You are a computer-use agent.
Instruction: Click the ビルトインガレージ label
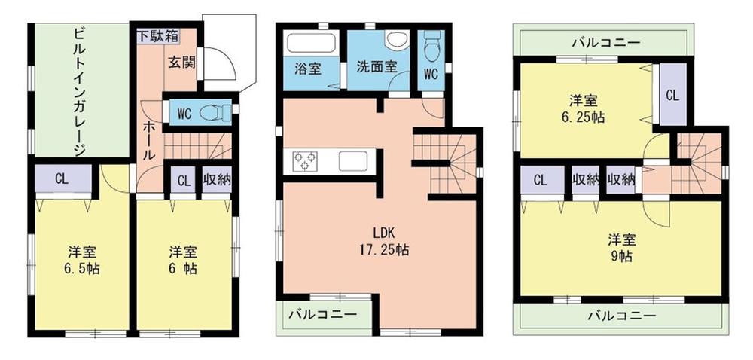[x=80, y=91]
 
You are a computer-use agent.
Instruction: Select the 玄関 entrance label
[x=183, y=62]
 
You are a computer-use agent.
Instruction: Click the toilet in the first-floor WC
[x=215, y=113]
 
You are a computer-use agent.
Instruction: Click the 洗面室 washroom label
[x=377, y=67]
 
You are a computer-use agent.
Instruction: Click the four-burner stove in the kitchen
[x=305, y=160]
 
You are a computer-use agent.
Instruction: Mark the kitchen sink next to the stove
[x=352, y=161]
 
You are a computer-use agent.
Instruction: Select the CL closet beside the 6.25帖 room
[x=672, y=96]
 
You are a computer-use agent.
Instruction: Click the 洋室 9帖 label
[x=621, y=248]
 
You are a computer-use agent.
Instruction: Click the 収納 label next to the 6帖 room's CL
[x=218, y=180]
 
